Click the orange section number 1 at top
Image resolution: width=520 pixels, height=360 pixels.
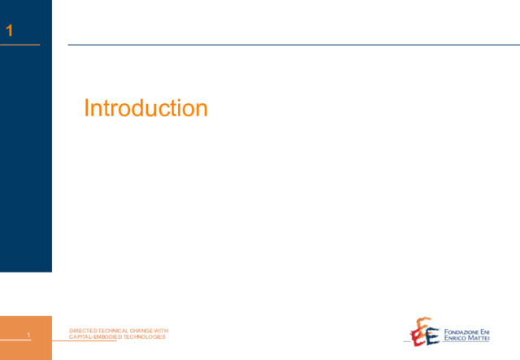coord(9,31)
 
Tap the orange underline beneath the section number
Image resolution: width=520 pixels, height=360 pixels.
coord(19,45)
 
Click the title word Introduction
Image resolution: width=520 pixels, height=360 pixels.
coord(146,108)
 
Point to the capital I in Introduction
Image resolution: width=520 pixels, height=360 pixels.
coord(86,108)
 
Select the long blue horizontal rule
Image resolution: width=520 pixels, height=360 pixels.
coord(294,45)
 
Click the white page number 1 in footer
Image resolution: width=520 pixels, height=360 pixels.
coord(28,335)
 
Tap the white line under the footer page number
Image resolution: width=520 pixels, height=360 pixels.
coord(15,340)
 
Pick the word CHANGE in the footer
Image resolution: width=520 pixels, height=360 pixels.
coord(141,331)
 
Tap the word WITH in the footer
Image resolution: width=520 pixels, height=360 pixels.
coord(161,331)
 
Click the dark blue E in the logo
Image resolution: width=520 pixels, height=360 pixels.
coord(432,336)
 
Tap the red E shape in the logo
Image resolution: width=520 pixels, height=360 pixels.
coord(417,338)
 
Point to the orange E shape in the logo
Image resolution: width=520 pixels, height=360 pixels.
coord(423,323)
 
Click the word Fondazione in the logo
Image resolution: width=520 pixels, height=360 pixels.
coord(457,332)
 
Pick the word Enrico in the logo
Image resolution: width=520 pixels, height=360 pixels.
coord(455,338)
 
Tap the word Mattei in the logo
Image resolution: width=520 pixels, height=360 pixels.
coord(478,338)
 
